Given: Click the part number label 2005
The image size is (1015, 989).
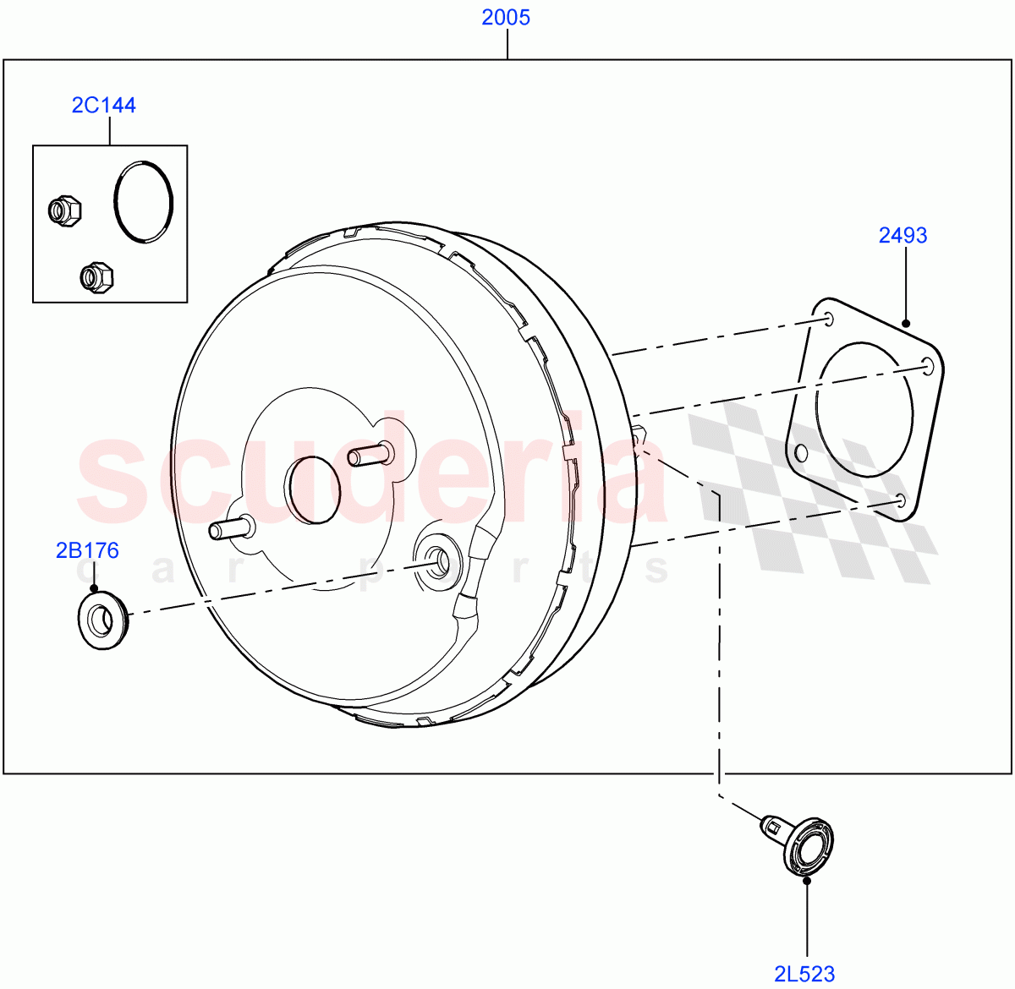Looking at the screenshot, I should (x=506, y=17).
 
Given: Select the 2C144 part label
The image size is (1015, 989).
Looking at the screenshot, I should (x=103, y=105).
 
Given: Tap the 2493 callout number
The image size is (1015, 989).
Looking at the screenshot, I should (x=903, y=235).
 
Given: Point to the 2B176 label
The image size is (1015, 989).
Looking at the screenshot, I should (x=87, y=551).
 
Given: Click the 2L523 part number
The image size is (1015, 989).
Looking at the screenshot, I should (x=804, y=975).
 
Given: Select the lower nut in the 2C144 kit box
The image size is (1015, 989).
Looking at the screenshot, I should (x=96, y=276).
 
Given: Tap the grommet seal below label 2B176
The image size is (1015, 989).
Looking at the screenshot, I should (x=101, y=621).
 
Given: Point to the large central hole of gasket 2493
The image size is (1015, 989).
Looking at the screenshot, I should (x=864, y=408).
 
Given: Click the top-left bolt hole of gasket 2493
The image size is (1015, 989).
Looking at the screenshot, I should (x=828, y=319).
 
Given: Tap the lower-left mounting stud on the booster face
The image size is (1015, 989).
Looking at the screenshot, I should (x=231, y=529).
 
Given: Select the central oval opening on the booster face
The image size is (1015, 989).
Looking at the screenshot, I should (x=314, y=489).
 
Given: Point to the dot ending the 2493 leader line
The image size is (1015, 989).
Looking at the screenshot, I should (x=906, y=323).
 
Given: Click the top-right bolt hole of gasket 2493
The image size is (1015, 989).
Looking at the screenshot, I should (x=928, y=365).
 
